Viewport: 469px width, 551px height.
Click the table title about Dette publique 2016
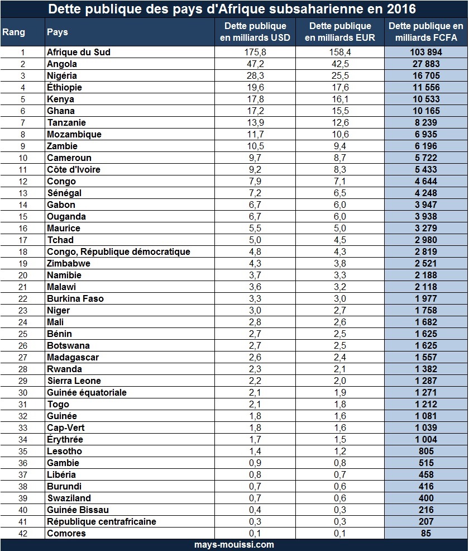pyautogui.click(x=234, y=9)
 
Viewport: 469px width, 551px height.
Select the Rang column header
pyautogui.click(x=13, y=32)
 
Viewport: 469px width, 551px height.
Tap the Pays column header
pyautogui.click(x=58, y=32)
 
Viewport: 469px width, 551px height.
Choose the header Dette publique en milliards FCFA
pyautogui.click(x=425, y=32)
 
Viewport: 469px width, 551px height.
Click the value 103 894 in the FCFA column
pyautogui.click(x=425, y=52)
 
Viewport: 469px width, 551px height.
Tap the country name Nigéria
pyautogui.click(x=62, y=75)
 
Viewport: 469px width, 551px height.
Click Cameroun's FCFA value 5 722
pyautogui.click(x=425, y=158)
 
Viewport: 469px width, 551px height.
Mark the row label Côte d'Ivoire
pyautogui.click(x=74, y=169)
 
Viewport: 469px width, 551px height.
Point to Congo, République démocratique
pyautogui.click(x=118, y=251)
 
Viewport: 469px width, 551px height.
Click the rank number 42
pyautogui.click(x=23, y=533)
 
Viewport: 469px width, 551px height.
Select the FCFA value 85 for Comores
pyautogui.click(x=425, y=533)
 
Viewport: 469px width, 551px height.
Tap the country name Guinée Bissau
pyautogui.click(x=78, y=510)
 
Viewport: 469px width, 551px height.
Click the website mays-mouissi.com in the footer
pyautogui.click(x=234, y=544)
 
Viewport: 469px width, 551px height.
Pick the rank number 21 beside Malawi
pyautogui.click(x=23, y=287)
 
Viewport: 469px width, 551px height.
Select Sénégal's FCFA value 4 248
pyautogui.click(x=425, y=193)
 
